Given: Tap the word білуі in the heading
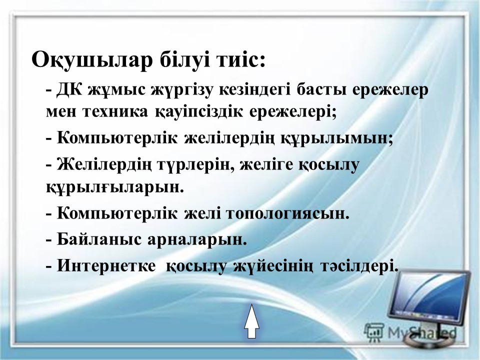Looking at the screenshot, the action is (184, 59).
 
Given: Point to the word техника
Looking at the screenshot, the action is (115, 112).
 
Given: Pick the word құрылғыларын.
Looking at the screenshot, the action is (115, 186).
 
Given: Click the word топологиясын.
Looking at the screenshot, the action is (288, 213).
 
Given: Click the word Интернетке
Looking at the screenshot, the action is (106, 265).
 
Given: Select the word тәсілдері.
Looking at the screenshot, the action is (359, 265).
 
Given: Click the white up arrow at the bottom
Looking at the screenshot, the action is (251, 321).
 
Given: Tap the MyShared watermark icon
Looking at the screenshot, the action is (373, 331).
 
